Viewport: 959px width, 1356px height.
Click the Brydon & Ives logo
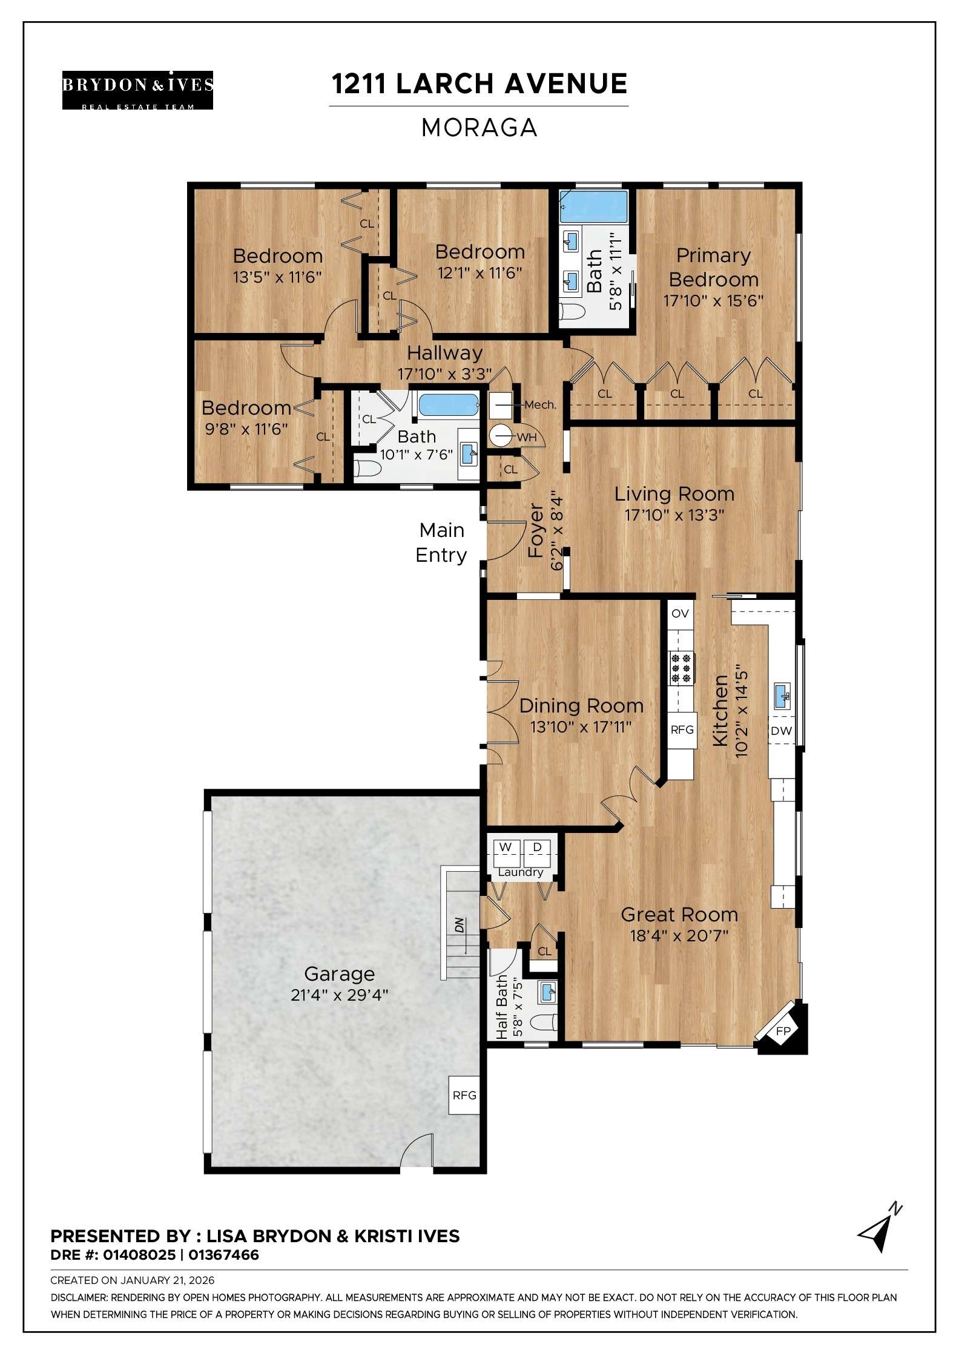click(137, 90)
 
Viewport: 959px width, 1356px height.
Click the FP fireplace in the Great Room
click(783, 1031)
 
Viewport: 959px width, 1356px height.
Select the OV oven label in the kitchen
click(680, 613)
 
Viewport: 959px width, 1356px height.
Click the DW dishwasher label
click(781, 731)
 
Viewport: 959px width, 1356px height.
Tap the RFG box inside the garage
click(464, 1096)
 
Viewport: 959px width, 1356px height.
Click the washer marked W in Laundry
click(506, 847)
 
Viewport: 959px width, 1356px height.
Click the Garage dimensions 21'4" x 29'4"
click(339, 995)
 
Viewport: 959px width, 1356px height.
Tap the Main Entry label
click(441, 542)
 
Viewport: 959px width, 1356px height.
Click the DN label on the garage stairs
click(460, 926)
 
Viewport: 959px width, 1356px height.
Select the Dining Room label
click(581, 706)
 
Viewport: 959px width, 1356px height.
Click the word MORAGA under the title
click(479, 128)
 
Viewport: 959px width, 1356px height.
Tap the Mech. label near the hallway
click(540, 405)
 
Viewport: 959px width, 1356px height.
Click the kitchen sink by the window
click(782, 696)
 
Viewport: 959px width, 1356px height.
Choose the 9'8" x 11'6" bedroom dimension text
click(246, 429)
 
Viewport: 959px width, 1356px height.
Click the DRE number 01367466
click(223, 1255)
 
